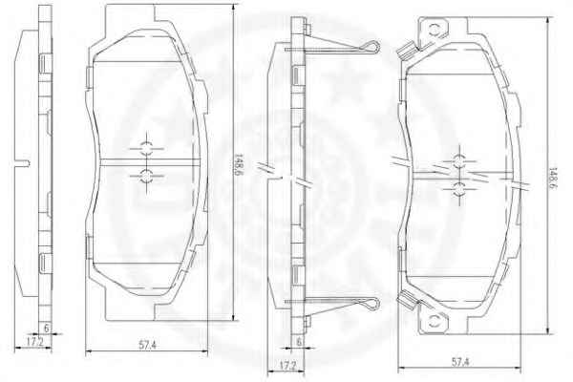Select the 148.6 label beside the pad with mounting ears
[554, 179]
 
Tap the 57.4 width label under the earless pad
[147, 345]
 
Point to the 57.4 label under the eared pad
[460, 362]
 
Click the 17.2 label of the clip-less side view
[35, 342]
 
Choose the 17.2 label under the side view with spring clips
[287, 365]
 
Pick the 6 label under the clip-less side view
[46, 329]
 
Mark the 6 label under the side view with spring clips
[299, 342]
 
